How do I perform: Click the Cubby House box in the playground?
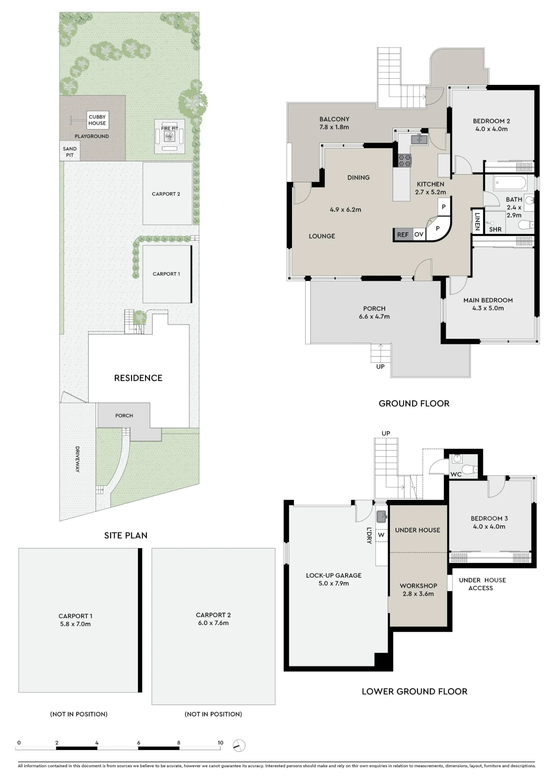[x=97, y=120]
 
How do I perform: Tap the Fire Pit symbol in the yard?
[x=169, y=136]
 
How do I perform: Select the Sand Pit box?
[x=70, y=152]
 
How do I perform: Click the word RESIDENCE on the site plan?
[x=138, y=378]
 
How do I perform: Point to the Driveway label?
[x=77, y=459]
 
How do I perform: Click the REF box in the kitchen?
[x=403, y=234]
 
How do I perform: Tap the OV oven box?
[x=419, y=234]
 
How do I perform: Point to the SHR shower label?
[x=495, y=230]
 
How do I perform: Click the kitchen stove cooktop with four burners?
[x=404, y=160]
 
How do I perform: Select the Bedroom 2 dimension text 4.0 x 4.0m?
[x=491, y=129]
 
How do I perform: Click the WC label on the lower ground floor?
[x=456, y=474]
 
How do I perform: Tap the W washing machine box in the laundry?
[x=381, y=535]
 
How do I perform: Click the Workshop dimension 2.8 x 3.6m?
[x=418, y=594]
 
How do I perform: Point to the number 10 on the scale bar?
[x=221, y=743]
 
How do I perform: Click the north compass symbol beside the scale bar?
[x=239, y=745]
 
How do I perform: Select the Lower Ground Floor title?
[x=415, y=692]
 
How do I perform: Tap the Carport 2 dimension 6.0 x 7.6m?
[x=213, y=623]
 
